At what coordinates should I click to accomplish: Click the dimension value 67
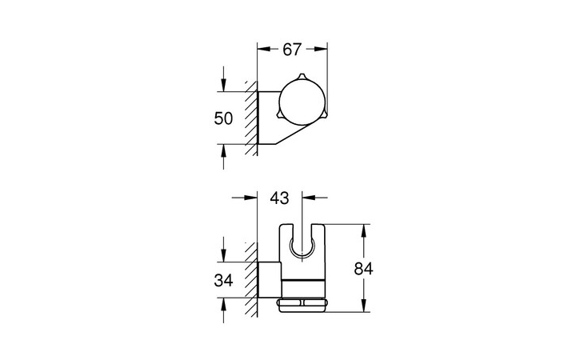(292, 49)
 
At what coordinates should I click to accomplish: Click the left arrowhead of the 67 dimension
(262, 49)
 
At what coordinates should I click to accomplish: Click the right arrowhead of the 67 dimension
(323, 49)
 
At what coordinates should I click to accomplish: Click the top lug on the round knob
(300, 77)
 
